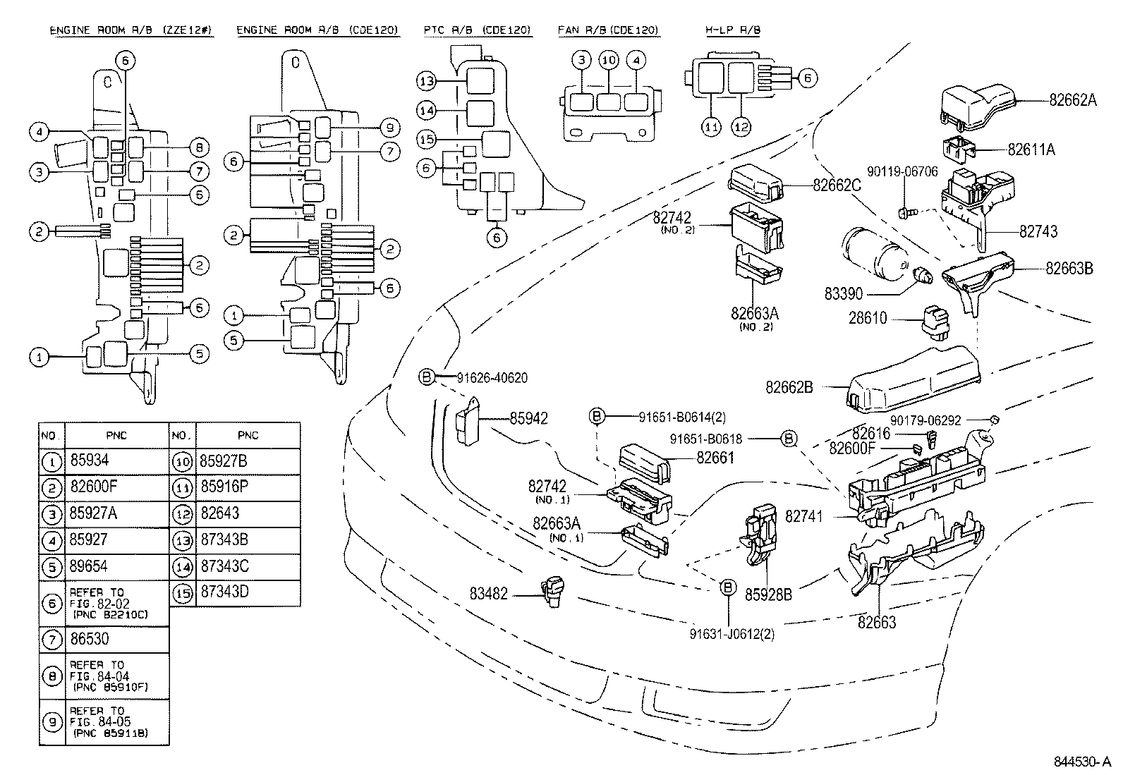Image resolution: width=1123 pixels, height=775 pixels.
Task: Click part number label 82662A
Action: [x=1072, y=99]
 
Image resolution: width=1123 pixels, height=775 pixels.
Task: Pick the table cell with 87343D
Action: [x=224, y=592]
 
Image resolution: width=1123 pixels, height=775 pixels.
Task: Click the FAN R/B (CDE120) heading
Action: [x=607, y=30]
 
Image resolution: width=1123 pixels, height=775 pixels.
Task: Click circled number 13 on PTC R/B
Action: [x=426, y=81]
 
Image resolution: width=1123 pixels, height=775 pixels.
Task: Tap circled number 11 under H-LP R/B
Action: [x=712, y=127]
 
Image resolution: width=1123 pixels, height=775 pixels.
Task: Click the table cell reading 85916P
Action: [x=224, y=487]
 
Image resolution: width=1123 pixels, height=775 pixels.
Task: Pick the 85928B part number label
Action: [x=768, y=595]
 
